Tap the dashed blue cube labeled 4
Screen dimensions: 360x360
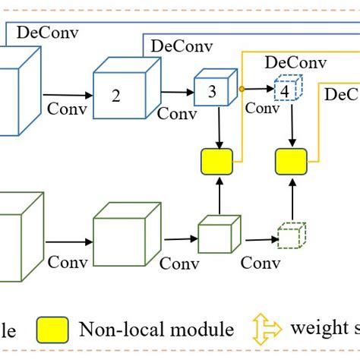(286, 89)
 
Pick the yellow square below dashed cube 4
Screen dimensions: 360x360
(291, 161)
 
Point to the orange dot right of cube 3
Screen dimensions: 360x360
(242, 89)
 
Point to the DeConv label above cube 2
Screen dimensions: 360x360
(182, 45)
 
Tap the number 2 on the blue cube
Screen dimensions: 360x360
(115, 96)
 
